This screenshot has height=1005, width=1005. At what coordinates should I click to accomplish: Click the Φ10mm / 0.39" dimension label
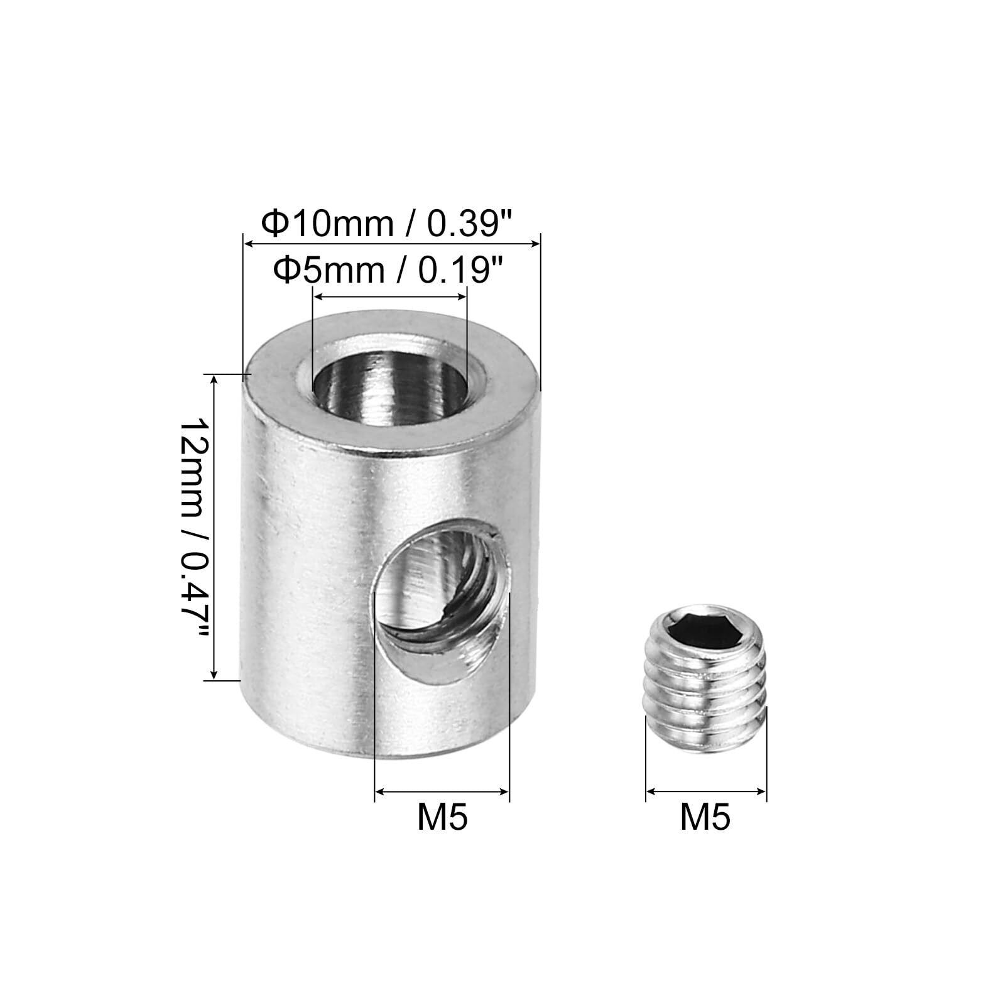[388, 223]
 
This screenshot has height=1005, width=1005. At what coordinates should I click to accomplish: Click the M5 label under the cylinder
[442, 818]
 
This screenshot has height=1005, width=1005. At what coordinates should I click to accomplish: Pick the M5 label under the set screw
[705, 818]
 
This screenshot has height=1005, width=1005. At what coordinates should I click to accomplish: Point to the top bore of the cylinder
[389, 384]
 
